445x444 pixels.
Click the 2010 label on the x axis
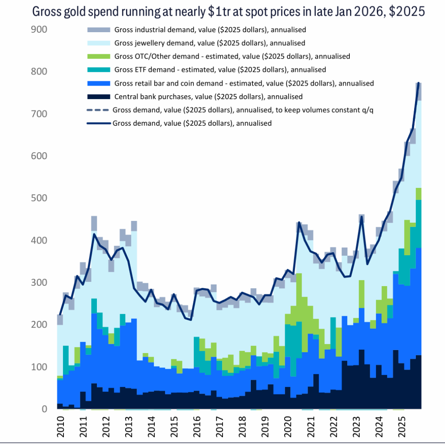tap(61, 427)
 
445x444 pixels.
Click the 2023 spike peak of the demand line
tap(362, 217)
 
